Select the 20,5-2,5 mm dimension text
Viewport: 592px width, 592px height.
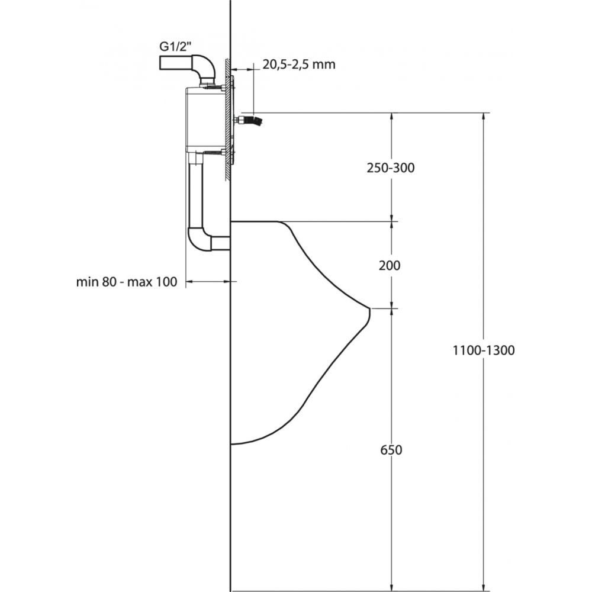299,65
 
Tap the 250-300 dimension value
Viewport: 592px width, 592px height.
390,168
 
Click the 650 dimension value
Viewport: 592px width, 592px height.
391,450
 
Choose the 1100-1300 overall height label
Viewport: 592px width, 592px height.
484,350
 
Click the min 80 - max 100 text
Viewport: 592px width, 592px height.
127,282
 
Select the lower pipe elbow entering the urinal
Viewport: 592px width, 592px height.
200,240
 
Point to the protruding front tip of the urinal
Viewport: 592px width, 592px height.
368,308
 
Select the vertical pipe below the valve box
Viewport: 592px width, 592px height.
195,195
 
